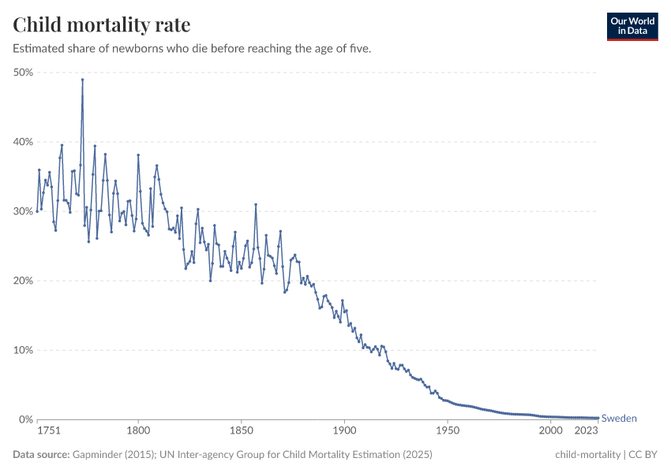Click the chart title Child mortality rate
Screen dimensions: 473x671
coord(101,25)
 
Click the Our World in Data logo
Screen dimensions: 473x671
coord(632,26)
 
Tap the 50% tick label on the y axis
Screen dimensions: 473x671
coord(22,73)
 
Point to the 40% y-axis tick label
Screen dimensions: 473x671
coord(22,142)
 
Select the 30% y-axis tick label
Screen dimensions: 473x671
coord(22,211)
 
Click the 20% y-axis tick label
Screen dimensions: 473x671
coord(22,281)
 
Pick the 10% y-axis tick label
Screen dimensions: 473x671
coord(22,350)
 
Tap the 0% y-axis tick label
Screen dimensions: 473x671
coord(25,419)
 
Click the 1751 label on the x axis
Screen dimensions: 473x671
coord(49,431)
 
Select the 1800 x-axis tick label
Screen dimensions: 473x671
coord(138,431)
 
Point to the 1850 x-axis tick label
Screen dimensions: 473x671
coord(241,431)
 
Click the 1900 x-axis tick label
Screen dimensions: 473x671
coord(344,431)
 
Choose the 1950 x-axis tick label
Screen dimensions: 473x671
coord(448,431)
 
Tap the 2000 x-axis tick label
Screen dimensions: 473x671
coord(550,431)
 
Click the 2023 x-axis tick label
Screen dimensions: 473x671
coord(587,431)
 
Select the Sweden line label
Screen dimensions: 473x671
coord(619,419)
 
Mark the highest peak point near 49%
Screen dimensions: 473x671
coord(82,80)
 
